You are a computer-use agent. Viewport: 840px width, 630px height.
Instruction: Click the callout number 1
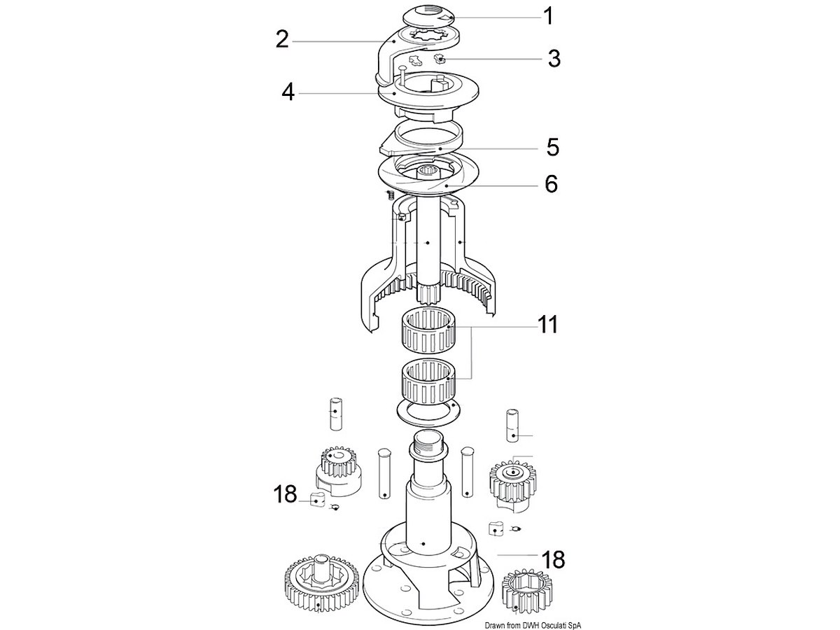(549, 16)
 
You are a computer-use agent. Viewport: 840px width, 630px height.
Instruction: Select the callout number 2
(282, 39)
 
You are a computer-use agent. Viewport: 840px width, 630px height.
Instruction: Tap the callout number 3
(554, 59)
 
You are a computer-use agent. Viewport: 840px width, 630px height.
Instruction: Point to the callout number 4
(288, 92)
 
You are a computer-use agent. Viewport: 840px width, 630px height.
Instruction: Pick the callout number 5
(552, 147)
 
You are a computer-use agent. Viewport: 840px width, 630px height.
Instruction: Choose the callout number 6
(552, 184)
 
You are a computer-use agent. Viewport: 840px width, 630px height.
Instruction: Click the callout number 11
(547, 324)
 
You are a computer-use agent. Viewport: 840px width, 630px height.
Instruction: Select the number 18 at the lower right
(554, 559)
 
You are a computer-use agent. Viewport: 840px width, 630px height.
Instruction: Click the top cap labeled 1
(429, 17)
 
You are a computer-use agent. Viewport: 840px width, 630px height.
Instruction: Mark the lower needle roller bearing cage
(428, 382)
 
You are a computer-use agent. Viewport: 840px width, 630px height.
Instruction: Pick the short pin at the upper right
(512, 426)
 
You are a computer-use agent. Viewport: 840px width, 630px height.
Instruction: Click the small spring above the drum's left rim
(391, 195)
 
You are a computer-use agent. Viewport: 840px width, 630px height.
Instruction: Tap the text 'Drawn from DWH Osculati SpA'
(533, 626)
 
